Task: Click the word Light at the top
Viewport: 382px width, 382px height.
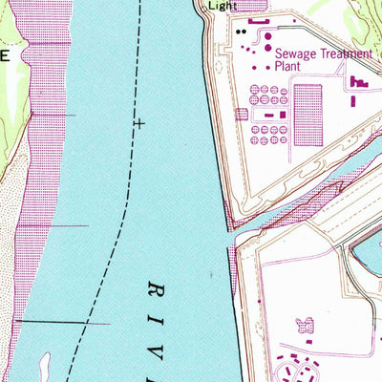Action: [x=222, y=5]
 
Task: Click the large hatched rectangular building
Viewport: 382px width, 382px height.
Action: [x=308, y=115]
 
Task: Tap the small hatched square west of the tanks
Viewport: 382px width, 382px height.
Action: [x=242, y=115]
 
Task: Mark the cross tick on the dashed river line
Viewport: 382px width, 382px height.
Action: [x=139, y=124]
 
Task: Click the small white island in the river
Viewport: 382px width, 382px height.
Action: [x=44, y=362]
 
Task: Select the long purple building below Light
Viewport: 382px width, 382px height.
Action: [x=258, y=21]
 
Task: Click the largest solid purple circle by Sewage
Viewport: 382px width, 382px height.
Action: [x=266, y=47]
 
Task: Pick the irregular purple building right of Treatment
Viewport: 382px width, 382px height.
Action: [x=361, y=84]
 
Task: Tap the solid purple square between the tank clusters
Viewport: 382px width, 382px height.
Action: [x=269, y=115]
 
